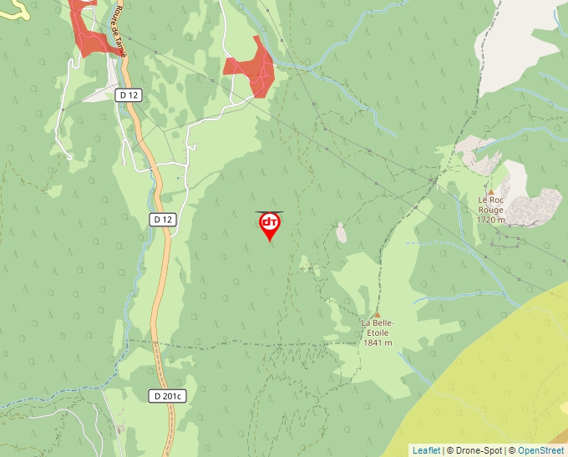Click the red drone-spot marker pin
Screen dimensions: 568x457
click(x=270, y=225)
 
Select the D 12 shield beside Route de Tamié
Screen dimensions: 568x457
click(x=129, y=95)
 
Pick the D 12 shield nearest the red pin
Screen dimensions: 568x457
click(x=163, y=219)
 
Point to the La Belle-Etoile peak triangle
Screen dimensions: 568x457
click(x=377, y=314)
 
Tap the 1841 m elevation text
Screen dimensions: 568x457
click(x=378, y=342)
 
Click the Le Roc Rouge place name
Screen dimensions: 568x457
click(x=490, y=205)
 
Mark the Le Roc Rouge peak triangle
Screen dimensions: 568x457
click(x=490, y=191)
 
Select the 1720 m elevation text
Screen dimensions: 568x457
click(x=490, y=220)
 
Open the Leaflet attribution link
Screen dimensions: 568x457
click(x=426, y=450)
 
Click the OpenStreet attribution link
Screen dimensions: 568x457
click(x=540, y=450)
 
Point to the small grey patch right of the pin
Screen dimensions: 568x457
click(x=341, y=233)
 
